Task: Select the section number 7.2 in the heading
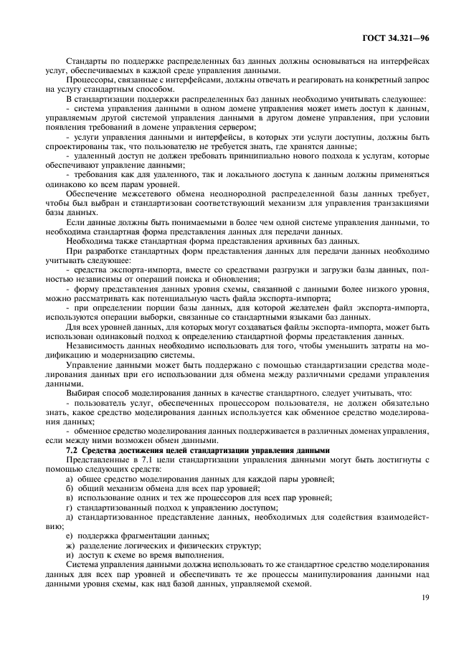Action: click(x=72, y=449)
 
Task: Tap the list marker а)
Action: click(x=70, y=478)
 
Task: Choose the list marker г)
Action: click(x=69, y=507)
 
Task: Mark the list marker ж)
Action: click(x=70, y=545)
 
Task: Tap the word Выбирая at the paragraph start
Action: click(x=84, y=393)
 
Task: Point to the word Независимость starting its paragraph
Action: click(x=98, y=346)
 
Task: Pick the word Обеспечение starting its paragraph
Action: click(x=92, y=194)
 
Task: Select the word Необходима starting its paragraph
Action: click(x=90, y=241)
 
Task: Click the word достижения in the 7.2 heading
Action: click(x=134, y=449)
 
